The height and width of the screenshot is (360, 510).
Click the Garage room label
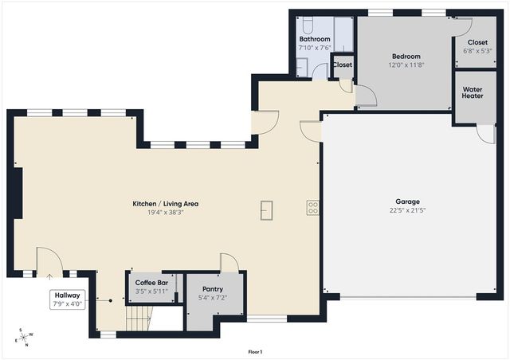[407, 202]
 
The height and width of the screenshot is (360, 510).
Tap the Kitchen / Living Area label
[165, 204]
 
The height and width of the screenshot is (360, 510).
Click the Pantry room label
[212, 289]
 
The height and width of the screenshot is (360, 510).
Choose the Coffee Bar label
[151, 283]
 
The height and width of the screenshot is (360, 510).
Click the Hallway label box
[67, 299]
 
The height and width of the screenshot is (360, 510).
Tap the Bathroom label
[314, 39]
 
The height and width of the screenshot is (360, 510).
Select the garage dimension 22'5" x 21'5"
[407, 211]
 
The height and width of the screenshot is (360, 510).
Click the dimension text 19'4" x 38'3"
[165, 213]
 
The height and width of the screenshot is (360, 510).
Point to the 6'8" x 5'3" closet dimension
[477, 51]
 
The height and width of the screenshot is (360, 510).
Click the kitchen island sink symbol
[266, 209]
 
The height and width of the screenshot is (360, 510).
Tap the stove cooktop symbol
[313, 208]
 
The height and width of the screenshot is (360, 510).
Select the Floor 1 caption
[255, 351]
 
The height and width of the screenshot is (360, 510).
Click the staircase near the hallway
[138, 321]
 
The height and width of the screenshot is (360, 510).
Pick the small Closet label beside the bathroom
[342, 65]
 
